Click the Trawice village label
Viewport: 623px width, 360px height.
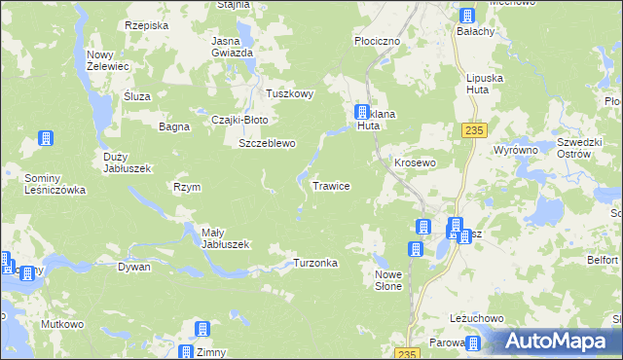[x=331, y=185]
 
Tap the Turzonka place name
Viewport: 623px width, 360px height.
[x=315, y=264]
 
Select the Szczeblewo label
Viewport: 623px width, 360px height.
[x=267, y=143]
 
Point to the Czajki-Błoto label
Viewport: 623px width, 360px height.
[x=239, y=120]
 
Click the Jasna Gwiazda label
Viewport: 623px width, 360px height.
[x=233, y=47]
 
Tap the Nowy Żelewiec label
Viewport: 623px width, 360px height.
[x=109, y=60]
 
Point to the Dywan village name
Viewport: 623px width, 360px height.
[x=134, y=266]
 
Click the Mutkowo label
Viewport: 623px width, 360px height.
[x=60, y=323]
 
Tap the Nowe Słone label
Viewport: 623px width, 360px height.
[x=388, y=281]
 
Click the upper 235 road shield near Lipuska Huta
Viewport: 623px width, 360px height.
[x=474, y=131]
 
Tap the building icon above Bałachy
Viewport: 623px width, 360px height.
[x=466, y=15]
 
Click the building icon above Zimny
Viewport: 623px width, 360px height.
[x=202, y=330]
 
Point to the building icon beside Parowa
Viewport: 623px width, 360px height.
[x=472, y=342]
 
